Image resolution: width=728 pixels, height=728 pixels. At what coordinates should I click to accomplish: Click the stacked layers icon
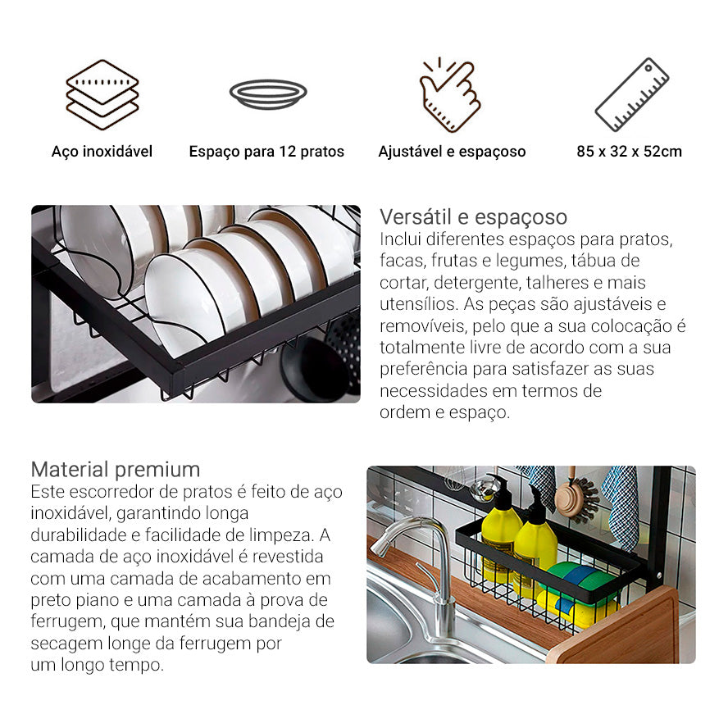coord(102,94)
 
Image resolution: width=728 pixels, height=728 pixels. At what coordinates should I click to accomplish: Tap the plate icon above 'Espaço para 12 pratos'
coord(268,94)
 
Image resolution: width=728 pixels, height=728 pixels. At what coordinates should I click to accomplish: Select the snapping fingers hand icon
coord(450,94)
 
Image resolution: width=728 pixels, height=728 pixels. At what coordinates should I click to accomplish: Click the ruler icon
coord(631,94)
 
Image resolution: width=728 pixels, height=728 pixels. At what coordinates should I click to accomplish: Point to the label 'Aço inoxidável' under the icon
coord(102,152)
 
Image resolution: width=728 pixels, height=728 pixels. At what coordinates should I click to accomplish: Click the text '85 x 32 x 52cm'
coord(629,152)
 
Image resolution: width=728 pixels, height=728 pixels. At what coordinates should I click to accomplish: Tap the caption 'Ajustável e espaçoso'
coord(452,152)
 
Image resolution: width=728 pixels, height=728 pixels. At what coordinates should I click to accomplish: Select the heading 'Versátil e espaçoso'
coord(473,217)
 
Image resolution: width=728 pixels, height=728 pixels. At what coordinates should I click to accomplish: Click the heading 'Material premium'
coord(116,470)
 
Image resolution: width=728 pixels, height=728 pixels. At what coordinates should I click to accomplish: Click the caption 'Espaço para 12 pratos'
coord(266,152)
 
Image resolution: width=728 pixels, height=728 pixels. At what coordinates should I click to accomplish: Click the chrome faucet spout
coord(410,529)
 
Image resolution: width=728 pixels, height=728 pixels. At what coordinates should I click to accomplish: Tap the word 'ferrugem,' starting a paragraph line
coord(66,621)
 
